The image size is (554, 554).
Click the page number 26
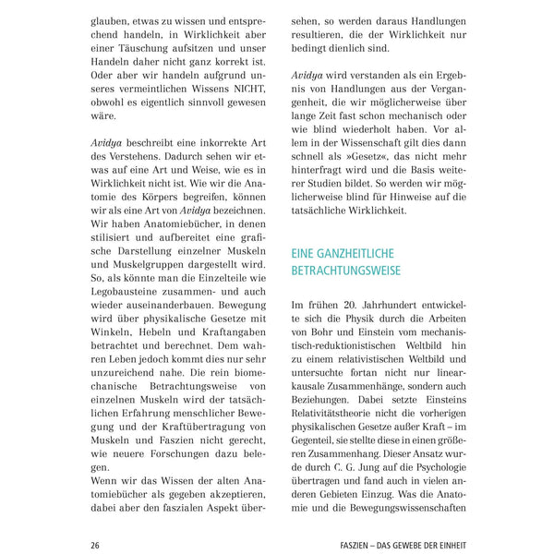coord(94,544)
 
